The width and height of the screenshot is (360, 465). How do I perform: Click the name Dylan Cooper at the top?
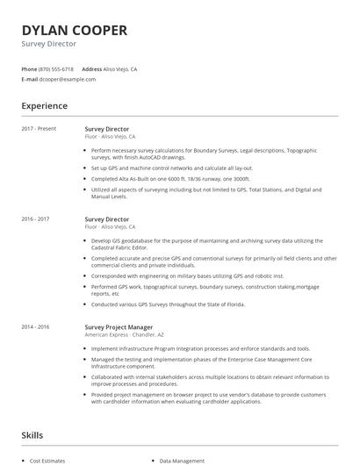click(x=75, y=30)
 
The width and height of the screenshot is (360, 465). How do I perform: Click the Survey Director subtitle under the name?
click(x=49, y=44)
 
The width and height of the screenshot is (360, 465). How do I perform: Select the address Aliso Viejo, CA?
click(x=121, y=68)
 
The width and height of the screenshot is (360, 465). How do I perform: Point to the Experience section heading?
click(x=45, y=106)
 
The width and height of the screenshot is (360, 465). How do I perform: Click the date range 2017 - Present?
click(x=40, y=128)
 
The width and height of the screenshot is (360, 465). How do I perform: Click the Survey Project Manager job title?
click(x=119, y=326)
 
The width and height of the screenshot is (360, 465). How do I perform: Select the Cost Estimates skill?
click(x=47, y=460)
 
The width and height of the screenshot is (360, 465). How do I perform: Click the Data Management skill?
click(x=183, y=460)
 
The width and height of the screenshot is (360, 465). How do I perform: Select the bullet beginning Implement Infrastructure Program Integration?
click(x=200, y=348)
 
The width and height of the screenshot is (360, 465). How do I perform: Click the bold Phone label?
click(x=29, y=68)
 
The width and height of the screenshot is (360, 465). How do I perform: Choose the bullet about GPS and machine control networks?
click(x=171, y=168)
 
